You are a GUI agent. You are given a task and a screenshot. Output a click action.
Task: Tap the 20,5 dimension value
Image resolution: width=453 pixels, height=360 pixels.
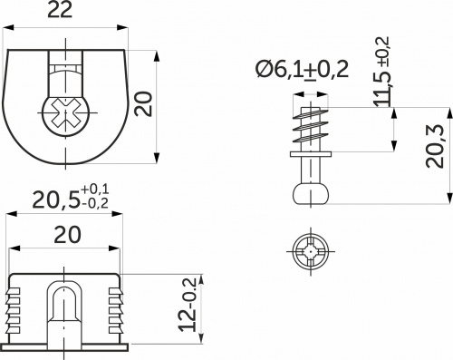pyautogui.click(x=45, y=199)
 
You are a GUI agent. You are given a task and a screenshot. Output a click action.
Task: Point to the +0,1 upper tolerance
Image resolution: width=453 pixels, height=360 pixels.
pyautogui.click(x=93, y=189)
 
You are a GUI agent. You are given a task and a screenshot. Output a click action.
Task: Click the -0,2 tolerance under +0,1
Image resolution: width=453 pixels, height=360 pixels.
pyautogui.click(x=93, y=204)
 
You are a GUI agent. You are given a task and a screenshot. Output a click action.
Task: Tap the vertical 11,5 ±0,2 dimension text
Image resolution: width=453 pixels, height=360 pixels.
pyautogui.click(x=381, y=73)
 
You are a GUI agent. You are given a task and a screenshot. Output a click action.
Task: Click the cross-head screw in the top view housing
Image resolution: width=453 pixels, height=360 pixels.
pyautogui.click(x=64, y=117)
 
